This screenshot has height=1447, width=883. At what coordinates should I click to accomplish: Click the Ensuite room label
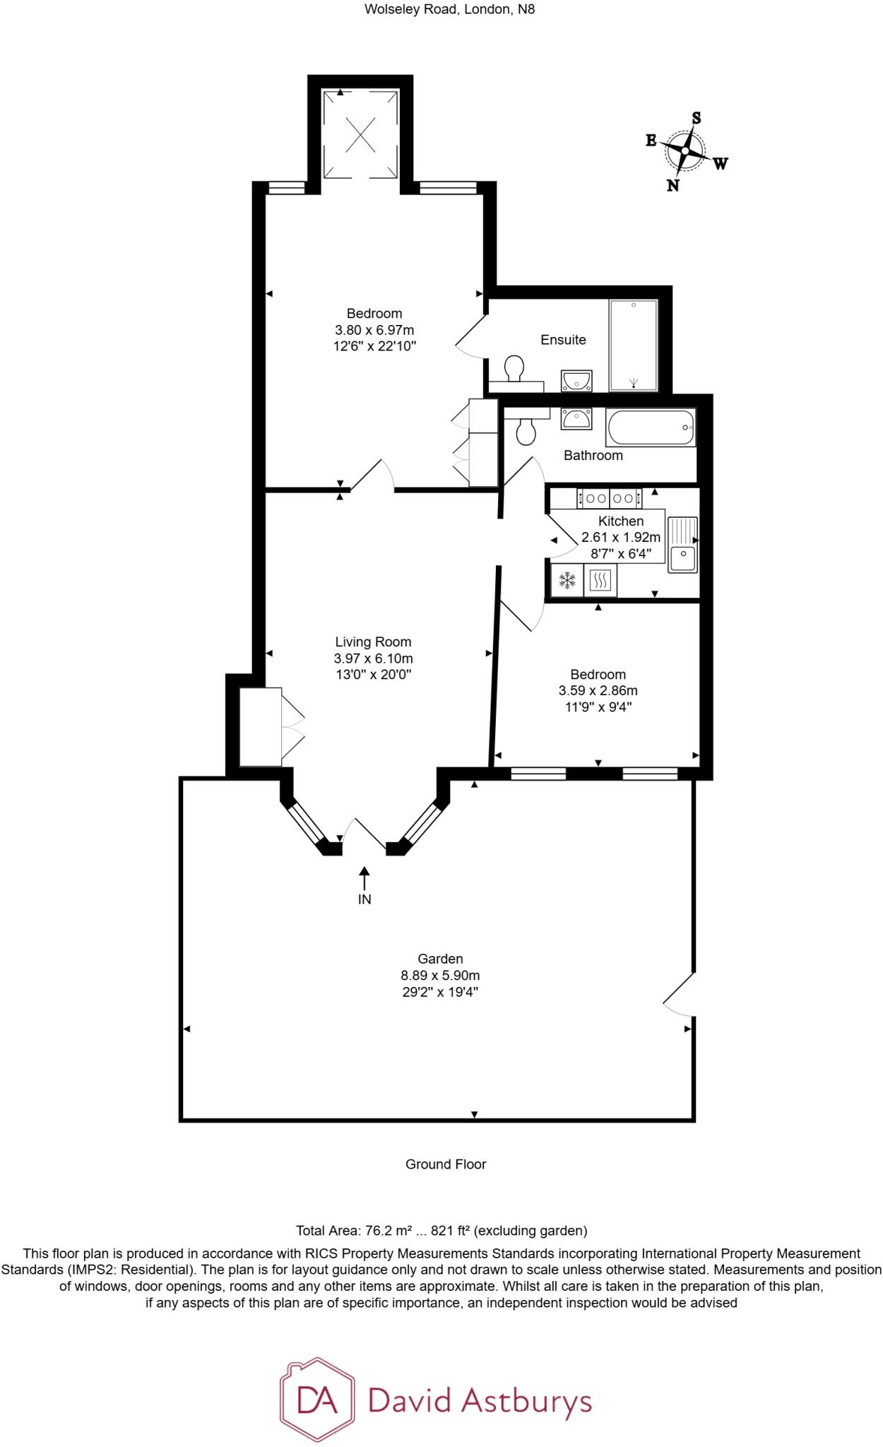(x=563, y=340)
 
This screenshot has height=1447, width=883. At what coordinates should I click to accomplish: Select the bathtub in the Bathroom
(x=651, y=427)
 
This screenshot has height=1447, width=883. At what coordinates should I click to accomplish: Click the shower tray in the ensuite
(x=634, y=345)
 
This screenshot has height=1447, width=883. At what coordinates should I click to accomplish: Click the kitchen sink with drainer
(x=682, y=545)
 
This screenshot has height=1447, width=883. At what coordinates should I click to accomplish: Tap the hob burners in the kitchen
(x=610, y=498)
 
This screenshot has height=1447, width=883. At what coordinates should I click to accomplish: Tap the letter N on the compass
(x=673, y=185)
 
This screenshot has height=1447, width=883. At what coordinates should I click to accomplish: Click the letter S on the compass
(x=696, y=118)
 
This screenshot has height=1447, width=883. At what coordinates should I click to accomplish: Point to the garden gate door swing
(x=678, y=996)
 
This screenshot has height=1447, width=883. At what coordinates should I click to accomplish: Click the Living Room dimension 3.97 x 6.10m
(x=373, y=658)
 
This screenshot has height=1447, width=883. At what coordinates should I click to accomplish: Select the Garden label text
(x=440, y=959)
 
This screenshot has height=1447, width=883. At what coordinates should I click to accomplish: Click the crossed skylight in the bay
(x=360, y=134)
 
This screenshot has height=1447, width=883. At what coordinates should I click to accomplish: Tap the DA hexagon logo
(x=317, y=1400)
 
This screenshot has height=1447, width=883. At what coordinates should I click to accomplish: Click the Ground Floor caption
(x=446, y=1164)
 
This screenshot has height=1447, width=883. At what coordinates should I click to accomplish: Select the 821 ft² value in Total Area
(x=450, y=1231)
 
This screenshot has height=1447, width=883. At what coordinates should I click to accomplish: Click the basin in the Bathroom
(x=576, y=420)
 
